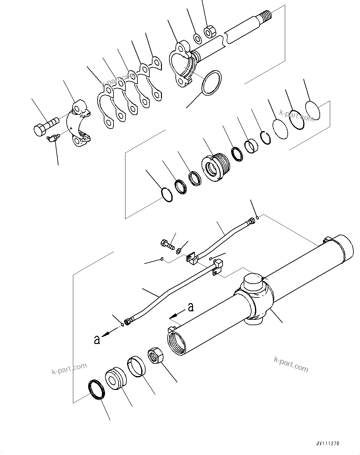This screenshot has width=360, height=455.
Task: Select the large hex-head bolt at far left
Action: (44, 126)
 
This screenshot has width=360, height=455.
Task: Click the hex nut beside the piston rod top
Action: (209, 32)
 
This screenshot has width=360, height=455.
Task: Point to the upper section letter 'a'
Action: (191, 308)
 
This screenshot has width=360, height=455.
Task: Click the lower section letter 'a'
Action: (97, 340)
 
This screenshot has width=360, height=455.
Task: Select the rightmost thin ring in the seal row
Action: (313, 110)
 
